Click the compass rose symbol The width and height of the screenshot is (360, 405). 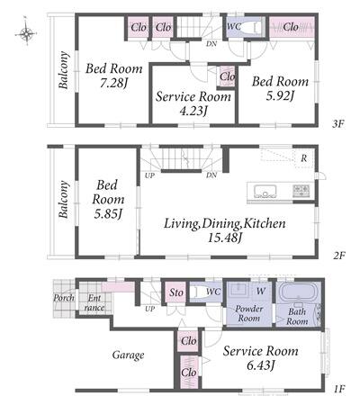[26, 32]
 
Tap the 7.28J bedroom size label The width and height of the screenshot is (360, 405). [113, 83]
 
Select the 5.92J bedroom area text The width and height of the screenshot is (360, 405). [280, 95]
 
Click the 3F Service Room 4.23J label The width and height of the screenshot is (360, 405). [193, 103]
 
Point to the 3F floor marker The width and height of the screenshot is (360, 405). [337, 124]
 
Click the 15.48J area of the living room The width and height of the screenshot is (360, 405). [225, 238]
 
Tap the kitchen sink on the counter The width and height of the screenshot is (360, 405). [265, 191]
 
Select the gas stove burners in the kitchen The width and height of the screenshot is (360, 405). [301, 191]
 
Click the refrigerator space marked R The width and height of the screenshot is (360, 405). [304, 158]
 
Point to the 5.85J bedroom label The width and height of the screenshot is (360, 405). [108, 213]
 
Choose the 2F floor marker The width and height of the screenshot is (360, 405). [339, 256]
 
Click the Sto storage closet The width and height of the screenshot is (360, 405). [176, 292]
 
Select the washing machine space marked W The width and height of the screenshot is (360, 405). [261, 291]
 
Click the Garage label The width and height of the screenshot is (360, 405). [128, 355]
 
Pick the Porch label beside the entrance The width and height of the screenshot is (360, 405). [64, 298]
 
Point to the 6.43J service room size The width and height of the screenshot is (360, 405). [260, 365]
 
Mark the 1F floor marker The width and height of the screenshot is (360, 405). [339, 390]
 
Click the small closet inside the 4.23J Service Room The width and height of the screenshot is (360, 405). [227, 76]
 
